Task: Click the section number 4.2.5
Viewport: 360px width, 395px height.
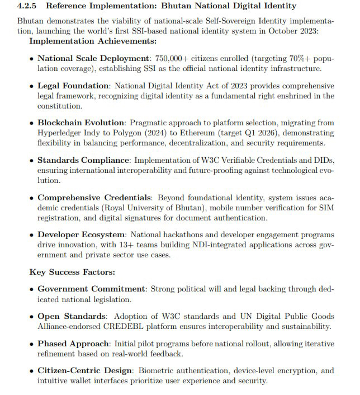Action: (29, 6)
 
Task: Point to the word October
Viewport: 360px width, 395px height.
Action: (281, 31)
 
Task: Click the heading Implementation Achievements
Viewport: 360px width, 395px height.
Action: (93, 41)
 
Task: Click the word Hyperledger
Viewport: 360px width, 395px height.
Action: (62, 133)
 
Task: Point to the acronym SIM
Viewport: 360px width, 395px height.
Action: (324, 208)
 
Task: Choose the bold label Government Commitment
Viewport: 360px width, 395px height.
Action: (91, 289)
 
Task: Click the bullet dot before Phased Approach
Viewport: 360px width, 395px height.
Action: (31, 344)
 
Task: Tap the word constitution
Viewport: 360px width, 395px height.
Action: (59, 106)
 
